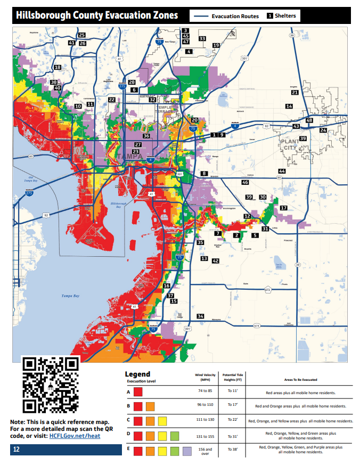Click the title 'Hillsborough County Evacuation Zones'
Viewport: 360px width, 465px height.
pyautogui.click(x=96, y=15)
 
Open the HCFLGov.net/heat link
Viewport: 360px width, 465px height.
pyautogui.click(x=75, y=436)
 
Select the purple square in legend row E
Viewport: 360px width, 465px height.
pyautogui.click(x=186, y=451)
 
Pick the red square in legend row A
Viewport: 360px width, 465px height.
pyautogui.click(x=138, y=391)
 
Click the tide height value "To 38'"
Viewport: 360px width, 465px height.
pyautogui.click(x=233, y=450)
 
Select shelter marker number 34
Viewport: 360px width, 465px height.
pyautogui.click(x=200, y=316)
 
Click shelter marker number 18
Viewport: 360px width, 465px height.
pyautogui.click(x=57, y=67)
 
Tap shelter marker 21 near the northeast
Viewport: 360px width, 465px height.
pyautogui.click(x=294, y=93)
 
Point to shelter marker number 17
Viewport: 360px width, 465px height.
pyautogui.click(x=284, y=208)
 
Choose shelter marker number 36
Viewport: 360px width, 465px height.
pyautogui.click(x=146, y=136)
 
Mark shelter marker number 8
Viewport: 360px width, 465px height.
pyautogui.click(x=203, y=174)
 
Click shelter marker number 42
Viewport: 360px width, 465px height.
pyautogui.click(x=215, y=261)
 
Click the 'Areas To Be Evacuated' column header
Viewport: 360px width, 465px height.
pyautogui.click(x=300, y=380)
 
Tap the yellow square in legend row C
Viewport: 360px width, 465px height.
pyautogui.click(x=162, y=421)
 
